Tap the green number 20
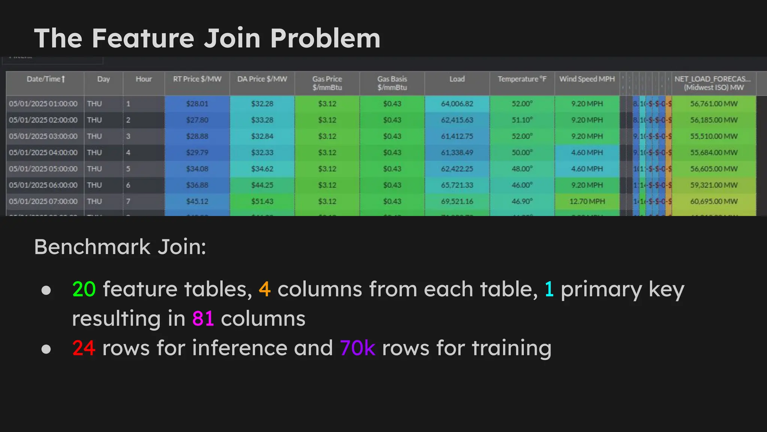point(84,289)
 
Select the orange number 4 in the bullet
point(264,289)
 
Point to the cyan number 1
point(549,289)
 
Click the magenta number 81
point(203,319)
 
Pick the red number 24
point(84,348)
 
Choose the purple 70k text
point(357,348)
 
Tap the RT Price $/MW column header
point(197,79)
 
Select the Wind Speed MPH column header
point(587,79)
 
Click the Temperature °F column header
point(522,79)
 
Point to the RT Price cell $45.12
point(197,201)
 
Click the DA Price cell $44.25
point(262,185)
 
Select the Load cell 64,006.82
point(457,104)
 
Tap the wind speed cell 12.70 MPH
point(587,201)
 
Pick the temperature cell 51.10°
point(522,120)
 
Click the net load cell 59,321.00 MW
point(714,185)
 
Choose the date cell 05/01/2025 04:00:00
point(43,153)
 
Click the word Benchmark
point(93,247)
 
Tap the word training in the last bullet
point(512,348)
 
